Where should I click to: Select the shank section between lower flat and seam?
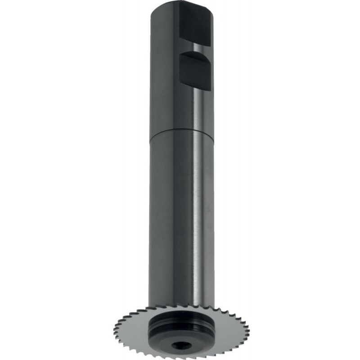[x=180, y=108]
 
